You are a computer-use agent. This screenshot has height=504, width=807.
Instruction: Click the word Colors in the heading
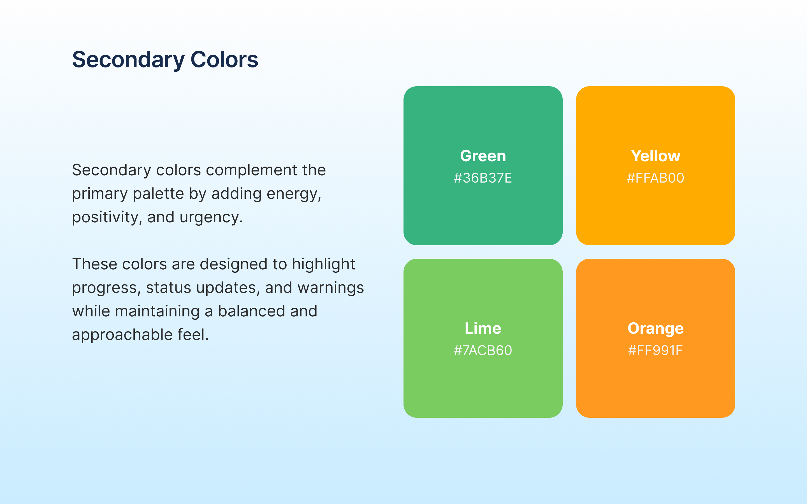pyautogui.click(x=224, y=59)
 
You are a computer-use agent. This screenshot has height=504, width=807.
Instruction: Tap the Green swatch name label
pyautogui.click(x=483, y=156)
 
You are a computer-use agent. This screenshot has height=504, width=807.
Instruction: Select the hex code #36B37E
pyautogui.click(x=483, y=178)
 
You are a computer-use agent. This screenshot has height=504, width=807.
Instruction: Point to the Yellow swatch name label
pyautogui.click(x=655, y=156)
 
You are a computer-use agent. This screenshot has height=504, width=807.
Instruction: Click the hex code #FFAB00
pyautogui.click(x=655, y=178)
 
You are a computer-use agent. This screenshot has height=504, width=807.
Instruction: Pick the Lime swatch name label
pyautogui.click(x=483, y=328)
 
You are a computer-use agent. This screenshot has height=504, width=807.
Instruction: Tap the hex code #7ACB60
pyautogui.click(x=483, y=350)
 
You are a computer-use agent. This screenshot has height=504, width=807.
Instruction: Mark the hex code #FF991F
pyautogui.click(x=655, y=350)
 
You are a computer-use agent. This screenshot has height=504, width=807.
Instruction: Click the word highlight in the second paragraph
pyautogui.click(x=323, y=265)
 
